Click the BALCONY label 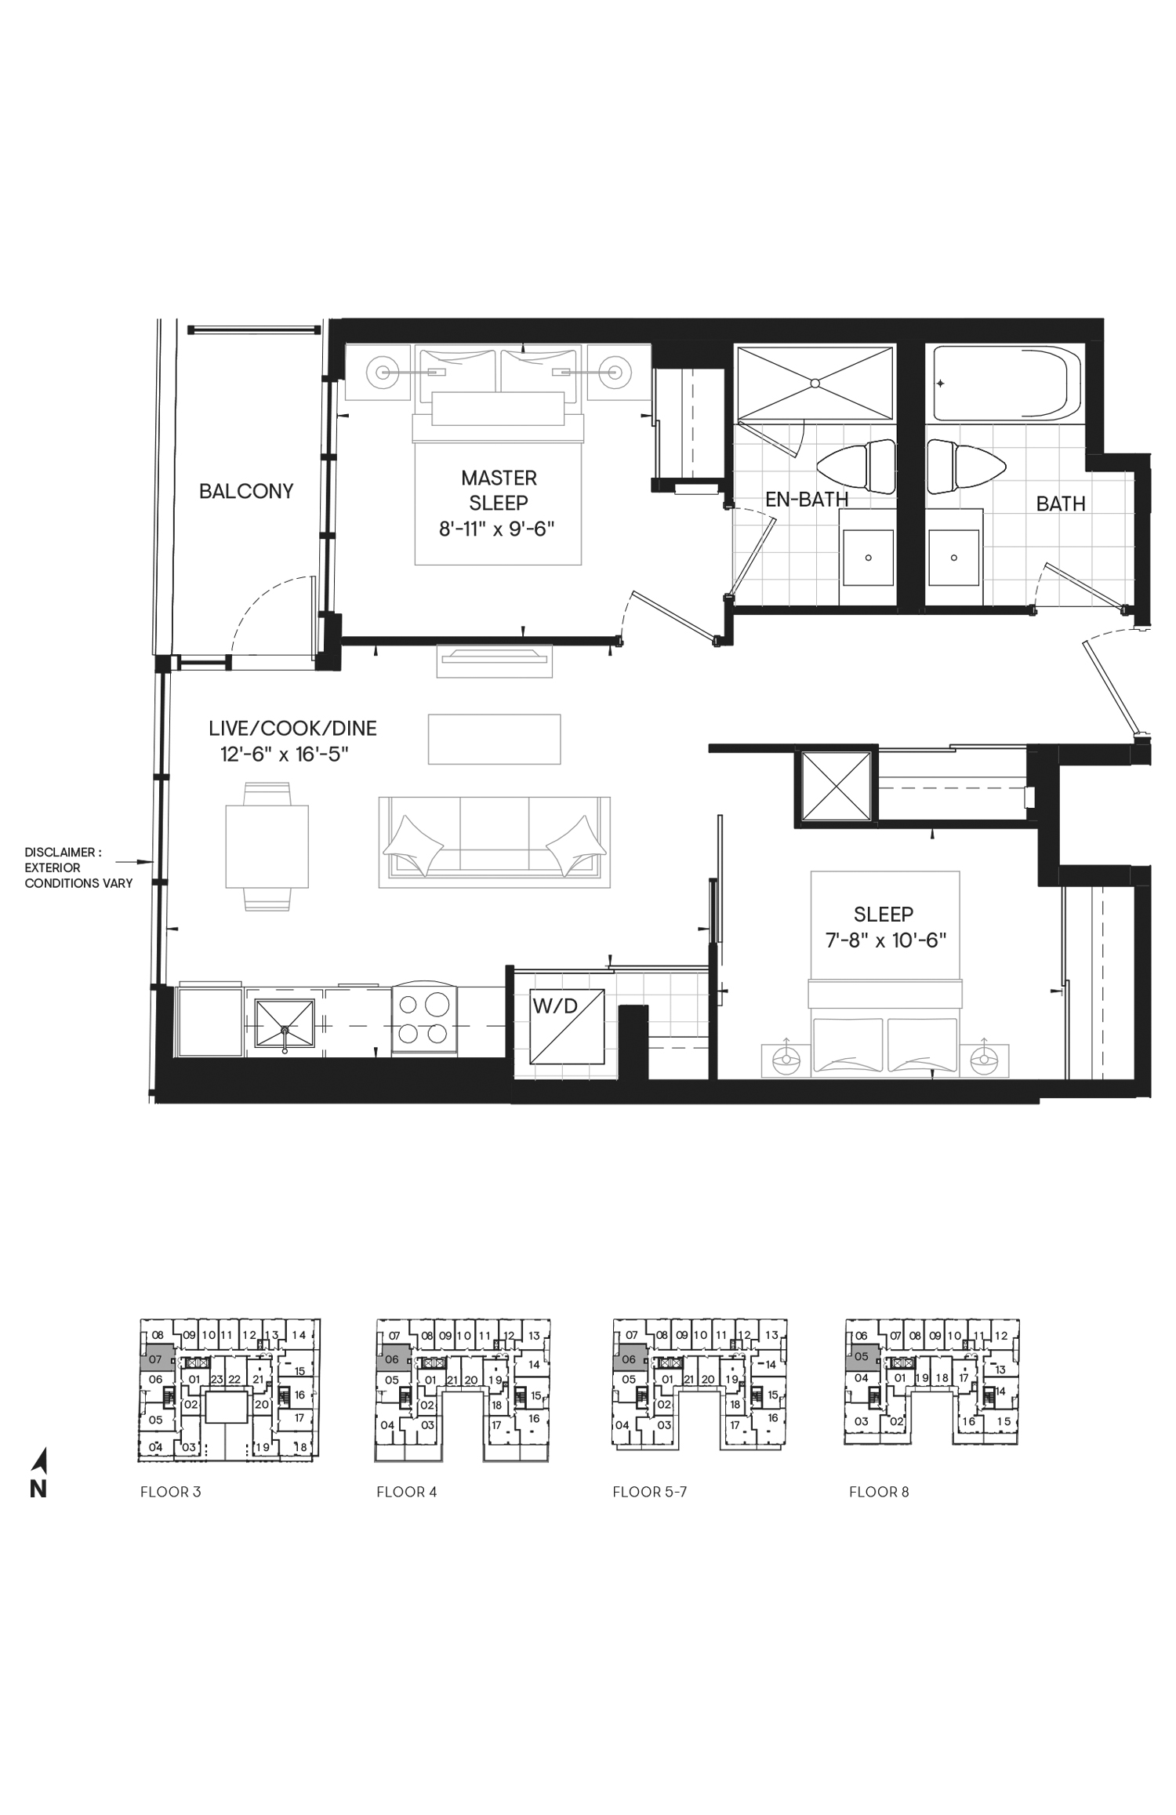246,491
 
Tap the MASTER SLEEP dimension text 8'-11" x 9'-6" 496,528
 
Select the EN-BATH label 807,499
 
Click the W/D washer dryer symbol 567,1026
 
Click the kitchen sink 284,1025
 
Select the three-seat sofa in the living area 494,842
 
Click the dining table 267,846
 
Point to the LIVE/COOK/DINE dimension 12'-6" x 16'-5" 285,755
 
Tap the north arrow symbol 40,1459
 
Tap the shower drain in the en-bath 815,384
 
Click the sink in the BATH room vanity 954,558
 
